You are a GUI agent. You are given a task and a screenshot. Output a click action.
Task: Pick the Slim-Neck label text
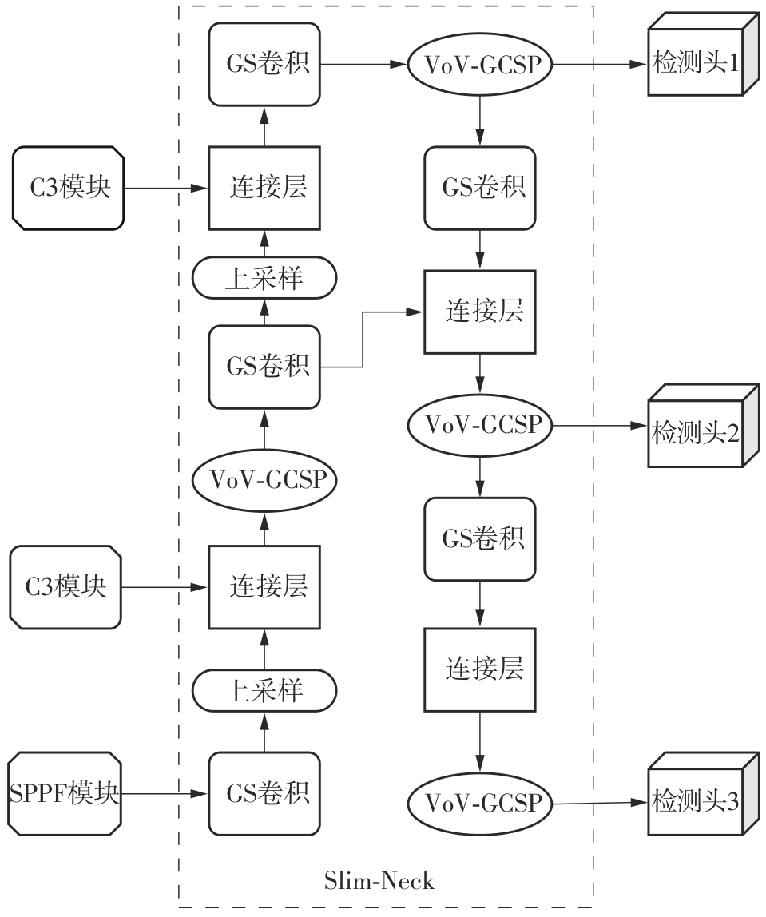pos(379,881)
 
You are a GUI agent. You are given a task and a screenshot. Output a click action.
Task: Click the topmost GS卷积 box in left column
pos(264,64)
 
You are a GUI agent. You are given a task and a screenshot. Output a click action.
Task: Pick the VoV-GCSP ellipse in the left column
pos(264,480)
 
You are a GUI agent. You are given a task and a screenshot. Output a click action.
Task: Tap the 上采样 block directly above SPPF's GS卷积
pos(264,689)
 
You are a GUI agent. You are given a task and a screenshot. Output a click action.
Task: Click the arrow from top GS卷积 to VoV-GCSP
pos(364,62)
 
